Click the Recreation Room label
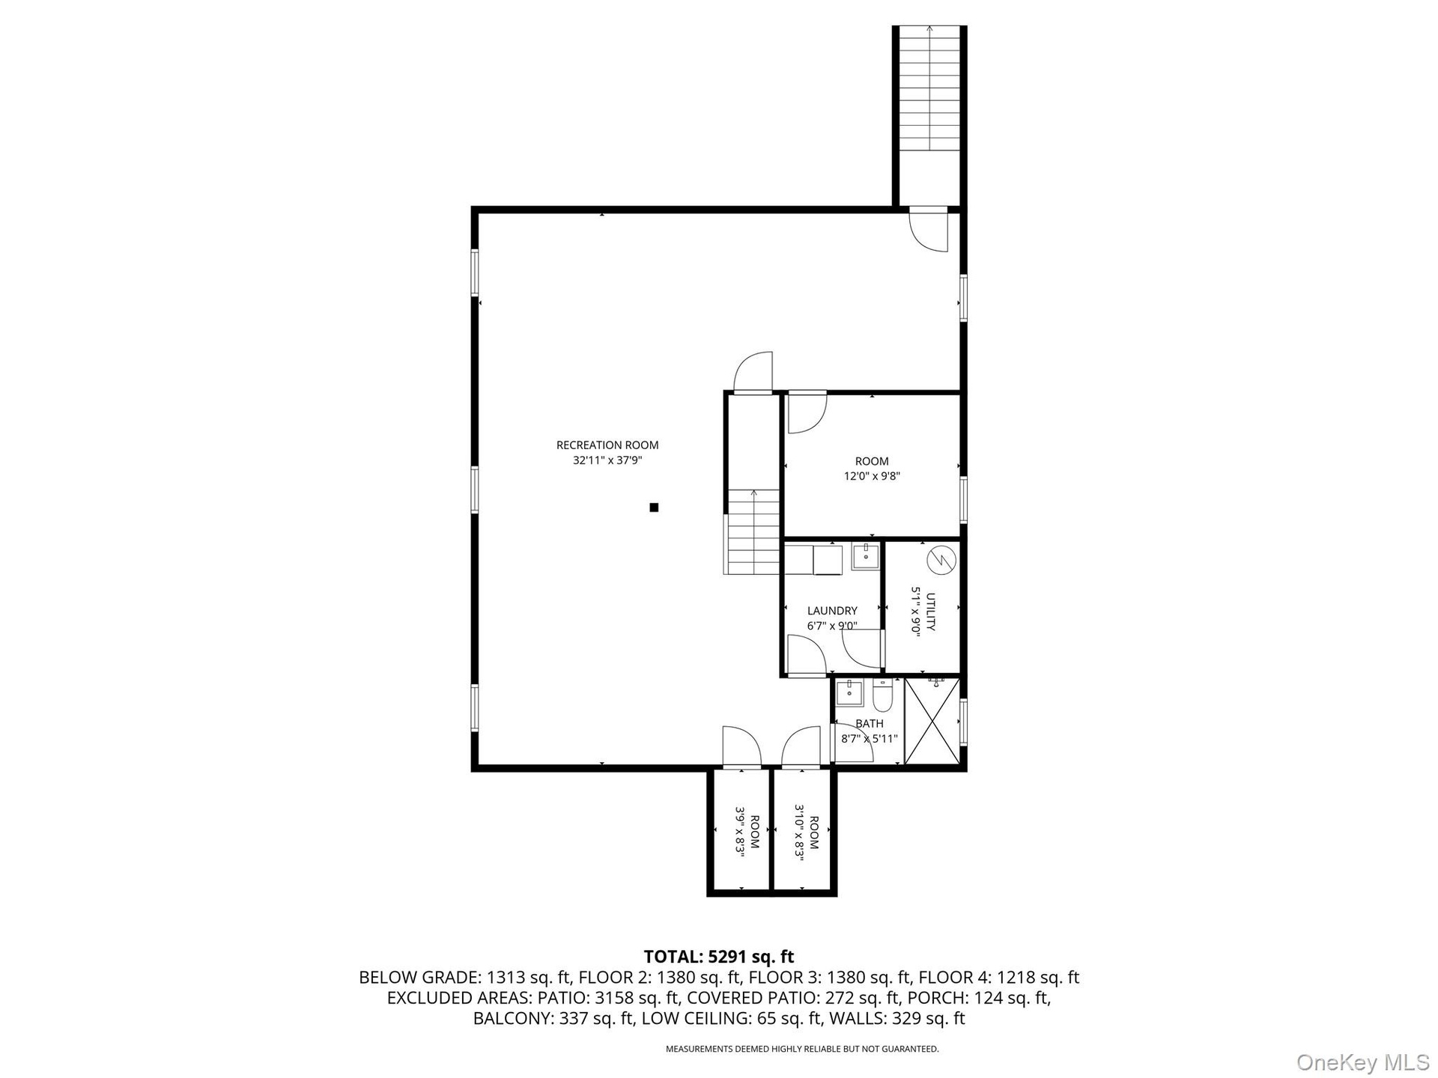[x=607, y=445]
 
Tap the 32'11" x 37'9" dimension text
[x=607, y=461]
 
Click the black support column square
[x=654, y=508]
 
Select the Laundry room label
[x=832, y=611]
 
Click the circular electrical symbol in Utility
[x=941, y=561]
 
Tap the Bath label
[x=870, y=724]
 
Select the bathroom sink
[x=849, y=693]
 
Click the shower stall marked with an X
[x=932, y=722]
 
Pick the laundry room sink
[x=865, y=557]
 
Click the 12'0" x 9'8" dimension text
[x=872, y=476]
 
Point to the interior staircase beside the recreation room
[x=753, y=532]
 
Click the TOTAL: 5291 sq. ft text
[x=719, y=957]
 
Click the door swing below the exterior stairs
[x=929, y=232]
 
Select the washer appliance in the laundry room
[x=827, y=560]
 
